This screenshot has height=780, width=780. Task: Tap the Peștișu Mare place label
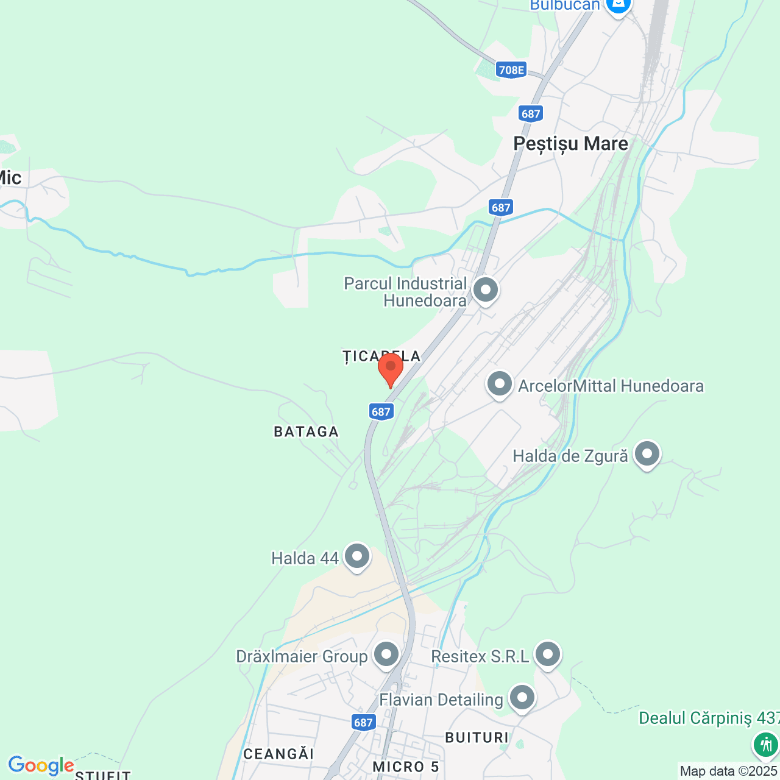tap(570, 144)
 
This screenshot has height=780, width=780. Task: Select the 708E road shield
tap(511, 69)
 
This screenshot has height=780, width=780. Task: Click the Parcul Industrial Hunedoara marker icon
tap(486, 290)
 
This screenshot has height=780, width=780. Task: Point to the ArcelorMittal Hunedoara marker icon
tap(500, 385)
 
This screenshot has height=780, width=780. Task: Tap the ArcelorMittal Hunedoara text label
tap(611, 386)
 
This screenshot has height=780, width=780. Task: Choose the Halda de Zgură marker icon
tap(647, 454)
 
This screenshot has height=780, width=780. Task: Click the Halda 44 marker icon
tap(357, 556)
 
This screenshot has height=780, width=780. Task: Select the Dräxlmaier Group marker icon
tap(386, 655)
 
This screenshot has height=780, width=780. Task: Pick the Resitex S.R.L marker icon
tap(548, 655)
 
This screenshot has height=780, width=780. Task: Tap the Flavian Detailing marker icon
tap(522, 698)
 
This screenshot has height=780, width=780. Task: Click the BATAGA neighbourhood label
tap(306, 432)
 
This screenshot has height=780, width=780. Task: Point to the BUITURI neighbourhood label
tap(477, 738)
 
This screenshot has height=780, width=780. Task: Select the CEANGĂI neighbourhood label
tap(278, 754)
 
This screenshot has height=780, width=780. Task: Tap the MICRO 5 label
tap(406, 767)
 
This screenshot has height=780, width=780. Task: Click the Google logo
tap(41, 765)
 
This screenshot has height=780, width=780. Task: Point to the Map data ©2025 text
tap(729, 771)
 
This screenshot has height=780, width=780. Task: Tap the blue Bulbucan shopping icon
tap(618, 5)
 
